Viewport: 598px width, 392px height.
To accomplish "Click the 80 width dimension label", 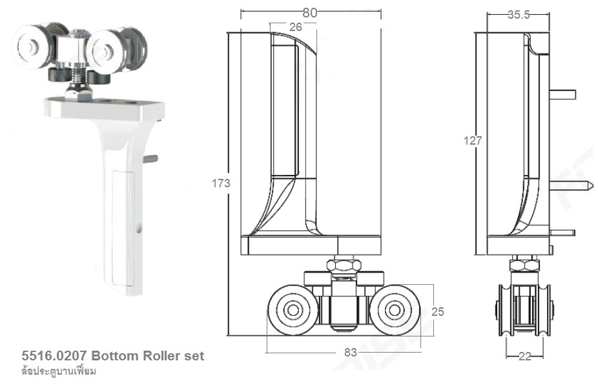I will [x=311, y=12].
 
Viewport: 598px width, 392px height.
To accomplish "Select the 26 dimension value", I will [x=295, y=27].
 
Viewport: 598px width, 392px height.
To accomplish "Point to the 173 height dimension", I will [x=221, y=183].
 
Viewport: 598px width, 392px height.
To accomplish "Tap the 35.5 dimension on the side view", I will [x=518, y=15].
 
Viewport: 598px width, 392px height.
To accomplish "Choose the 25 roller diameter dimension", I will [x=438, y=312].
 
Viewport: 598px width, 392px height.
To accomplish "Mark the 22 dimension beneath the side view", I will [x=524, y=356].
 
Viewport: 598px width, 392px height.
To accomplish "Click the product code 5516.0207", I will [x=54, y=356].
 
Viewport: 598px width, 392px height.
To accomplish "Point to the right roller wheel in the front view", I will [x=394, y=311].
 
